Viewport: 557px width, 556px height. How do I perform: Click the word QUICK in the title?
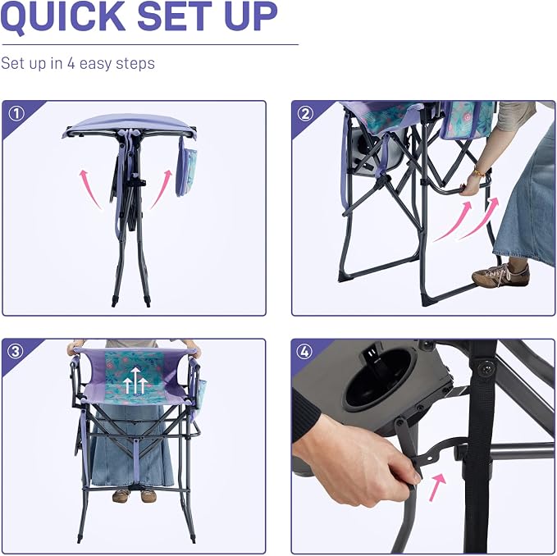click(x=63, y=16)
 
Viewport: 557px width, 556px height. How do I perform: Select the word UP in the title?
click(x=251, y=16)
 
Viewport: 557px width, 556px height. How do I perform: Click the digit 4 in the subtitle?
click(x=71, y=63)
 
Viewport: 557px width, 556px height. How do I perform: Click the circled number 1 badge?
click(x=16, y=114)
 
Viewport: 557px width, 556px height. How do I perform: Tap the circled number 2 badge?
click(x=305, y=114)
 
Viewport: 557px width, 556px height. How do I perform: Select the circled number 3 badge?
click(x=16, y=352)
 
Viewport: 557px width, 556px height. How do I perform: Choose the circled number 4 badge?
click(x=304, y=352)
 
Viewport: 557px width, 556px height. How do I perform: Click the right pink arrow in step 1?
click(x=162, y=188)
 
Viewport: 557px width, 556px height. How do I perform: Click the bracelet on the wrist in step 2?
click(x=479, y=172)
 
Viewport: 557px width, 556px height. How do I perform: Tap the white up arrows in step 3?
click(x=135, y=381)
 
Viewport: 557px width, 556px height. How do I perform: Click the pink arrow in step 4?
click(x=437, y=487)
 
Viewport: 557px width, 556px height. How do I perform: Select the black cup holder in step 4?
click(x=377, y=380)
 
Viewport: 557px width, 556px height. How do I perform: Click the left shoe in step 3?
click(x=121, y=495)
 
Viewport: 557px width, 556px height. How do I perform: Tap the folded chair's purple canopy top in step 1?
click(x=130, y=125)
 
